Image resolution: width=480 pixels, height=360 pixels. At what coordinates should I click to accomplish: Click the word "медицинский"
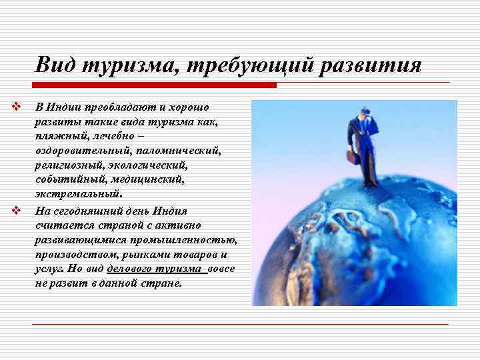tap(147, 180)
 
